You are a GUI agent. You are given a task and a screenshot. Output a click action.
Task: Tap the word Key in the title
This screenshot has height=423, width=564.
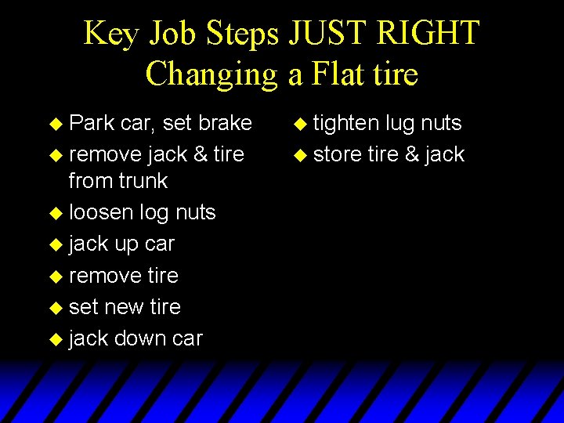(x=112, y=34)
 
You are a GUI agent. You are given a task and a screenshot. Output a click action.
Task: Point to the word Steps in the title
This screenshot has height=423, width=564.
(x=243, y=34)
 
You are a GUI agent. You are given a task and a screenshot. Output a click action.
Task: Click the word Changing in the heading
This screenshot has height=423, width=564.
(x=212, y=74)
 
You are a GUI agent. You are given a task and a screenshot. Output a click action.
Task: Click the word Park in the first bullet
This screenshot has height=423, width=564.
(x=92, y=123)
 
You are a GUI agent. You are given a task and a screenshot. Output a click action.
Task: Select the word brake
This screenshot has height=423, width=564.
(x=226, y=123)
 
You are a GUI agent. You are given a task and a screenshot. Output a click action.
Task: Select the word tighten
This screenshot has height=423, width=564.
(x=346, y=123)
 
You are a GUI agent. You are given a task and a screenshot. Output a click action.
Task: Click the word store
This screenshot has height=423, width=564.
(x=337, y=154)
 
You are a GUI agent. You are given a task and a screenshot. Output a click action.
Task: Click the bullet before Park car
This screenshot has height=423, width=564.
(x=54, y=124)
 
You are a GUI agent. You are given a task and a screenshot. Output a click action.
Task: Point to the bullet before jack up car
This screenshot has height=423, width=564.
(x=54, y=244)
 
